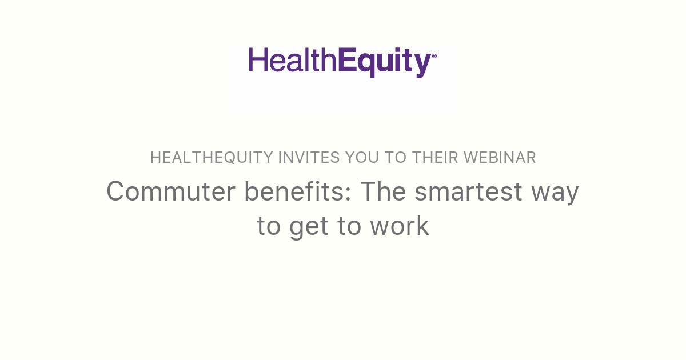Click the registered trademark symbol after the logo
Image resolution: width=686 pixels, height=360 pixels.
(434, 56)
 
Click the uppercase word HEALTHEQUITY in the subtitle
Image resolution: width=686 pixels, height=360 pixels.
(212, 158)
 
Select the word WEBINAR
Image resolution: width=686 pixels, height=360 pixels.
(500, 158)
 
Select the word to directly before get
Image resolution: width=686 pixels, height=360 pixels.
(268, 227)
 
